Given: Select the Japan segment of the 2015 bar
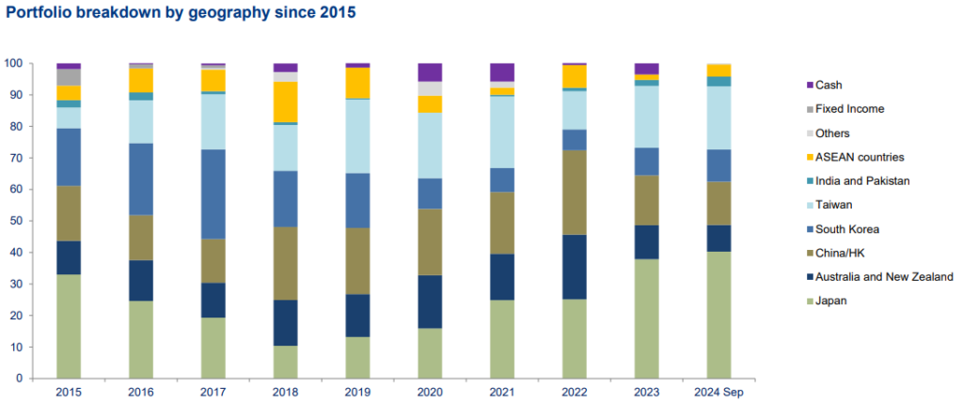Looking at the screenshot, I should tap(69, 326).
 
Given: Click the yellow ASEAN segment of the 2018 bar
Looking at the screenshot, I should tap(285, 101).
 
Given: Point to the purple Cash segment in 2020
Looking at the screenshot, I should tap(430, 72).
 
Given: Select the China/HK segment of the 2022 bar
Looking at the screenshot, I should tap(574, 192).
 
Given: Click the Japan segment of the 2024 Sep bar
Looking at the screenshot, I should tap(718, 315).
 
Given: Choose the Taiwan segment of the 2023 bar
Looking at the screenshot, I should tap(646, 116).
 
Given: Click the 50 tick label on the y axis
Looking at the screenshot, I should tap(16, 221).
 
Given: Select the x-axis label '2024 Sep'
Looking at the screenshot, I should tap(718, 393).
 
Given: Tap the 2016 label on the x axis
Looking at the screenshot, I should tap(141, 393).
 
